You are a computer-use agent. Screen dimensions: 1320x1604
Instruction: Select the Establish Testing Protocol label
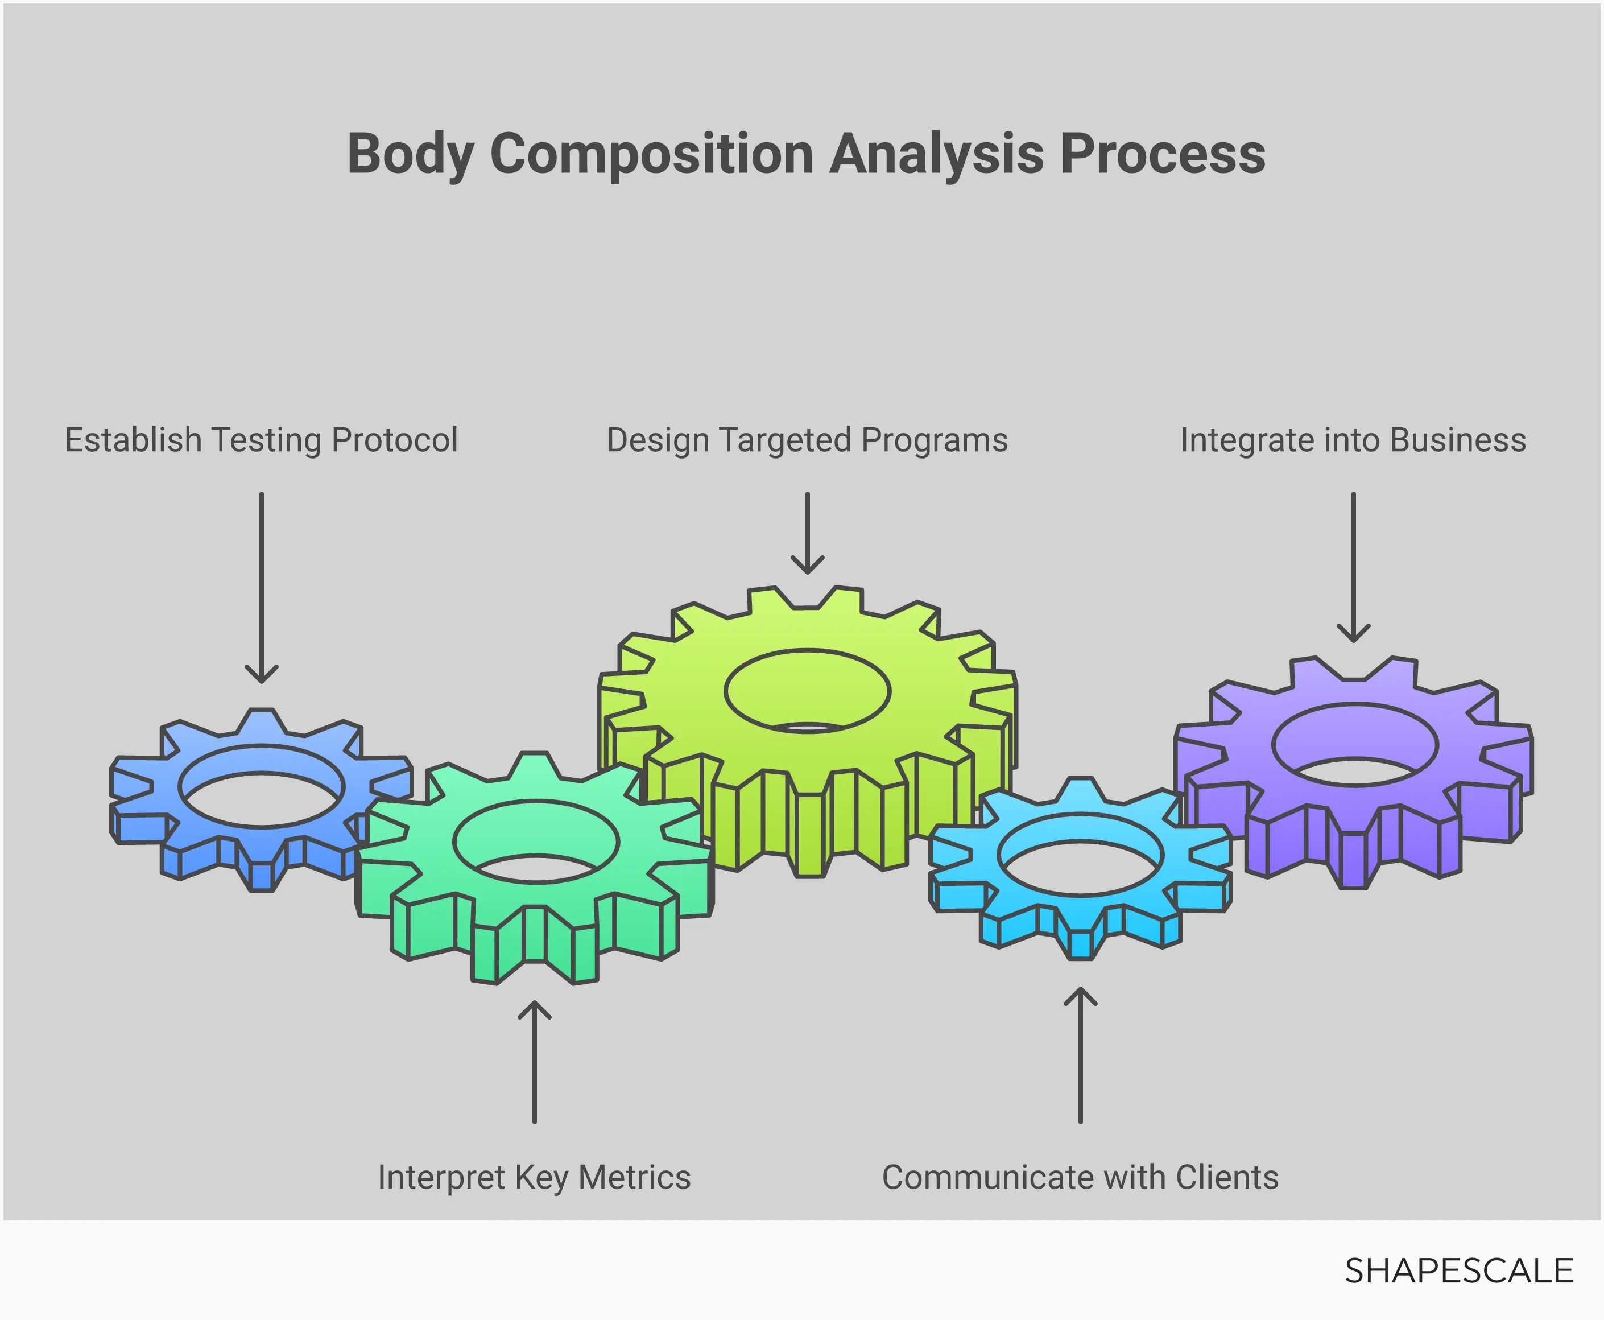point(261,440)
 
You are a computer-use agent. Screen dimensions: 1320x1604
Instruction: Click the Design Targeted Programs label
point(807,440)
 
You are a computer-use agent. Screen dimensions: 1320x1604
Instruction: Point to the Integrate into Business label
point(1353,440)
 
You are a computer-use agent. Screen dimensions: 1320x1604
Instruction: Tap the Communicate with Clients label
point(1080,1177)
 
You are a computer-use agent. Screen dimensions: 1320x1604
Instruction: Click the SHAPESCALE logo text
point(1458,1270)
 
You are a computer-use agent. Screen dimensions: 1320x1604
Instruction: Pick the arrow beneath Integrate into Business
point(1353,567)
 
